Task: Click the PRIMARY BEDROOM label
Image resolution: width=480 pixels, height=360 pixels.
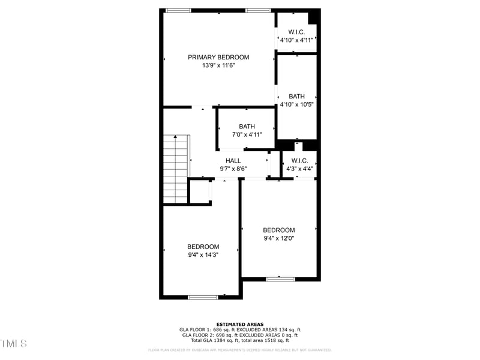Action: pyautogui.click(x=218, y=58)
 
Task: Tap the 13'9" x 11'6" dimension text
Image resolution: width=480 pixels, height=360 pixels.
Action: pyautogui.click(x=218, y=66)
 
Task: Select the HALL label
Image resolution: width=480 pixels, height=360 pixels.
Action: pyautogui.click(x=233, y=161)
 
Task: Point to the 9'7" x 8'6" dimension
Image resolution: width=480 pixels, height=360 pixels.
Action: pyautogui.click(x=233, y=169)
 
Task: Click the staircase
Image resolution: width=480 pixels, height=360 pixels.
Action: pyautogui.click(x=176, y=169)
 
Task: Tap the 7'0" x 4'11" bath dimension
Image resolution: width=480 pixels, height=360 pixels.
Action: pyautogui.click(x=247, y=134)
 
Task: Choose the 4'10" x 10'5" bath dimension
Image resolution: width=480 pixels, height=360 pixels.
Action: pyautogui.click(x=296, y=104)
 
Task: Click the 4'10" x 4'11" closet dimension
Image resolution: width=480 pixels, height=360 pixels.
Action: pyautogui.click(x=296, y=40)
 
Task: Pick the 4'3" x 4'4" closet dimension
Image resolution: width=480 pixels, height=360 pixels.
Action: pyautogui.click(x=299, y=169)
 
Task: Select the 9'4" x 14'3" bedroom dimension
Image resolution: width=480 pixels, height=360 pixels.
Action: pyautogui.click(x=203, y=254)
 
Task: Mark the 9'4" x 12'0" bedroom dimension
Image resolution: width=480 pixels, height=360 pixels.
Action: pyautogui.click(x=279, y=238)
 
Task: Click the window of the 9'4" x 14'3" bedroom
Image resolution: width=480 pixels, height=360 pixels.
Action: pyautogui.click(x=203, y=297)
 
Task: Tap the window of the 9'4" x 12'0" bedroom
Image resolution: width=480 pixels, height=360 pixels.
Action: pyautogui.click(x=280, y=278)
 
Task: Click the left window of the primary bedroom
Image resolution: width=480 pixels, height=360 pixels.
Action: pyautogui.click(x=178, y=10)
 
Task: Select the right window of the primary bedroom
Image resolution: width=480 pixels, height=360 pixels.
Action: pyautogui.click(x=258, y=10)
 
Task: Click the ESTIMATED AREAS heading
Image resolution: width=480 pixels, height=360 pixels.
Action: pyautogui.click(x=240, y=325)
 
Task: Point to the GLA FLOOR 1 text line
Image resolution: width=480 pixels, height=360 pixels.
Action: pyautogui.click(x=240, y=330)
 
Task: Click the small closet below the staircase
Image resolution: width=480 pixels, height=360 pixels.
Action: pyautogui.click(x=199, y=191)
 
